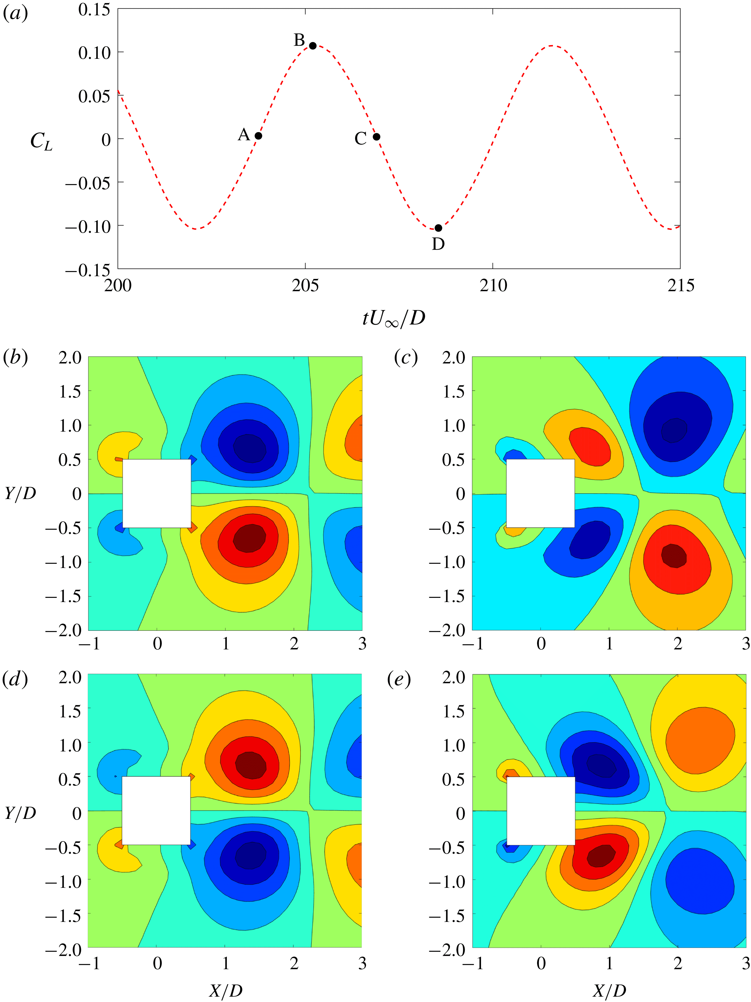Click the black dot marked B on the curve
coord(312,46)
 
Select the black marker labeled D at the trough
coord(438,228)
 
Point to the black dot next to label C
coord(376,137)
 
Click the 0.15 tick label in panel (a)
coord(94,9)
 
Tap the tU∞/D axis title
coord(394,319)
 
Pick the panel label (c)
coord(406,358)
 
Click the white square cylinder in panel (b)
coord(157,493)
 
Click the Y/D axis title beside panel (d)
coord(20,813)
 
